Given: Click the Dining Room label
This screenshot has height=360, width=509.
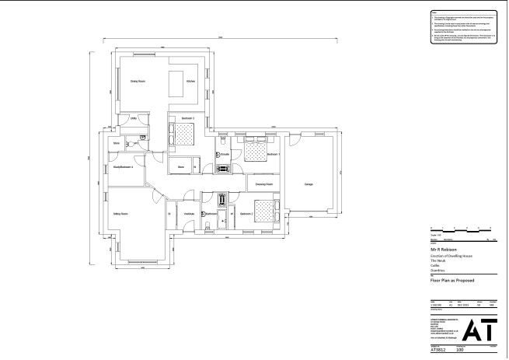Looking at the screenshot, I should tap(138, 80).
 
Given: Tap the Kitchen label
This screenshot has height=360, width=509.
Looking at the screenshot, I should tap(190, 80).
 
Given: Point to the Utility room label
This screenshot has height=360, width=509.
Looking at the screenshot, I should tap(134, 118).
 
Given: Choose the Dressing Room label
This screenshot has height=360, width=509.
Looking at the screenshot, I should tap(263, 184).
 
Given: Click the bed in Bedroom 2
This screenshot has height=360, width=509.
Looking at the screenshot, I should tap(266, 211).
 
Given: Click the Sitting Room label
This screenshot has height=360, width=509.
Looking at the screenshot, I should tap(120, 212).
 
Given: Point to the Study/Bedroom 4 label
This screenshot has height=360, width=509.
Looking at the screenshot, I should tap(123, 166).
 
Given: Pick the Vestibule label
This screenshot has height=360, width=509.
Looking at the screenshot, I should tap(189, 213).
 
